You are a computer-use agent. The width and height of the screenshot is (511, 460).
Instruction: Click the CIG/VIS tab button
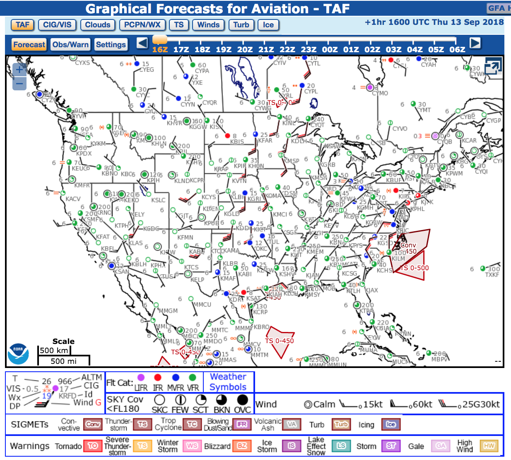click(x=57, y=25)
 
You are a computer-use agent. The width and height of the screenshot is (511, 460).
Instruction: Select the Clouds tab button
click(x=98, y=25)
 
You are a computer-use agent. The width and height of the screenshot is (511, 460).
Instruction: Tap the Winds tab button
click(x=208, y=25)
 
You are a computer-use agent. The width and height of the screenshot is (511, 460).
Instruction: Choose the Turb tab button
click(x=241, y=25)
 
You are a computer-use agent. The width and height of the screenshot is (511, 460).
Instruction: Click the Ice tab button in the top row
click(x=268, y=25)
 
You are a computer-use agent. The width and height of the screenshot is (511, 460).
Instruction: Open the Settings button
click(x=111, y=45)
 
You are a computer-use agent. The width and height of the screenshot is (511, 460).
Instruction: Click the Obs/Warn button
click(x=70, y=45)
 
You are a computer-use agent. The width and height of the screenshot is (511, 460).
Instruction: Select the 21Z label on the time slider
click(x=266, y=49)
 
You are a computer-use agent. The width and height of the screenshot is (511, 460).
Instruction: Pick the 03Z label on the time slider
click(x=393, y=49)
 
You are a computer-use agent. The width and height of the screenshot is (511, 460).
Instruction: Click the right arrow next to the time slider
click(x=475, y=43)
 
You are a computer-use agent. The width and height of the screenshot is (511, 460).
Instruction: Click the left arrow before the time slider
click(x=142, y=43)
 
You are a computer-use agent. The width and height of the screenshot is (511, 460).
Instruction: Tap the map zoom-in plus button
click(x=19, y=70)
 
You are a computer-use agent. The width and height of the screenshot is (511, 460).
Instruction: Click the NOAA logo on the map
click(x=18, y=354)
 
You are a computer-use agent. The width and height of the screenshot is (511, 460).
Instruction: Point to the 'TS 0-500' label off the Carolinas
click(x=414, y=268)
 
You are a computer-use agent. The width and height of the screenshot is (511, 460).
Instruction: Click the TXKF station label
click(x=492, y=275)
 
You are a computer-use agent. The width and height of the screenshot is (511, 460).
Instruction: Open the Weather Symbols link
click(x=228, y=382)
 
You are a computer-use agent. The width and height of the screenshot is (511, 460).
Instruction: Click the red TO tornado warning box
click(x=93, y=446)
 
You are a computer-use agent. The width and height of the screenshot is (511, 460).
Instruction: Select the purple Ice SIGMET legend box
click(x=390, y=424)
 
